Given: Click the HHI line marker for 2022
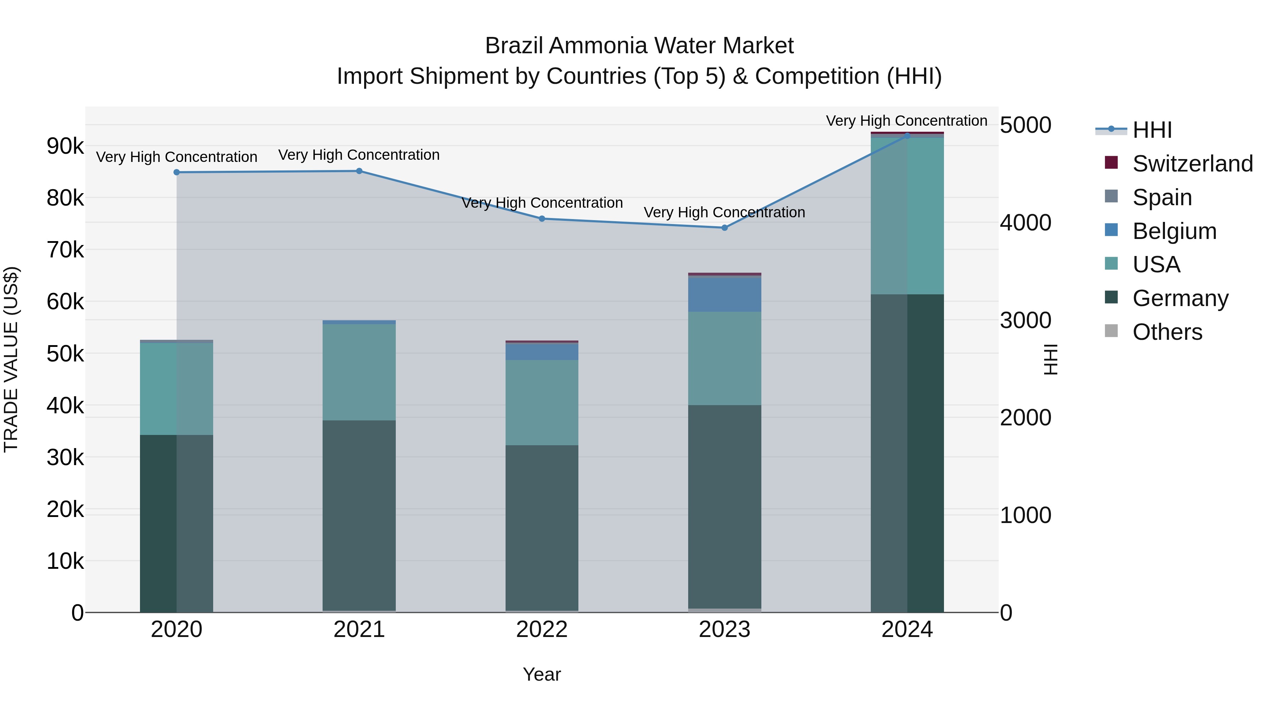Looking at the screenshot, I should coord(542,219).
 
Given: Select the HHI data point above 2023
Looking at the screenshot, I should coord(724,228).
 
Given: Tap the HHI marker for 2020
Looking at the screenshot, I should coord(177,172).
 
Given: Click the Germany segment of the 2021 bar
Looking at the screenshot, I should coord(359,516).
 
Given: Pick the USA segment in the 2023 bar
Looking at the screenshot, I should coord(724,358).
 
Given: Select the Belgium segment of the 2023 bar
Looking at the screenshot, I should coord(724,295).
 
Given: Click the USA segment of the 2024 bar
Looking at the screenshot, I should coord(907,216).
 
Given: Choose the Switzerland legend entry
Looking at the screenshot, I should coord(1192,164).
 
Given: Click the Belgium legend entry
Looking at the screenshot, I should coord(1174,231).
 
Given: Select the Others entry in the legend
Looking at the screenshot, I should coord(1167,332).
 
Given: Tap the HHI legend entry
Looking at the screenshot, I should coord(1152,130).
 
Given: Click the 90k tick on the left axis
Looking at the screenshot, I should coord(65,146).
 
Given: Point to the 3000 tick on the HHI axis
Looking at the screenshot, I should coord(1025,321).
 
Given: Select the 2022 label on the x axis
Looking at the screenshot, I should coord(542,630).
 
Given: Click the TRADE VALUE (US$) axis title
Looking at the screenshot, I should coord(11,359).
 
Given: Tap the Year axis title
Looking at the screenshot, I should coord(542,674).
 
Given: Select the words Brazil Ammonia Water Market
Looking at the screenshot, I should coord(639,46).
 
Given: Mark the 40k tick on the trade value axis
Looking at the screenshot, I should coord(65,406).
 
